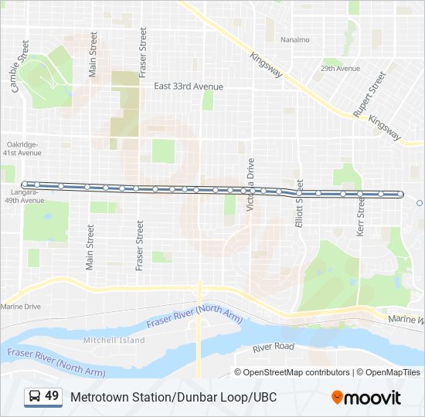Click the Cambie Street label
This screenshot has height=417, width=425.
click(19, 73)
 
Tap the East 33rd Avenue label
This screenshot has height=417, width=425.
click(188, 86)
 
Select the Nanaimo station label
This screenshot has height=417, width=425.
click(294, 39)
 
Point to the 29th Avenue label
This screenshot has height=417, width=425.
click(341, 69)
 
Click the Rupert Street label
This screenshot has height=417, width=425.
click(369, 94)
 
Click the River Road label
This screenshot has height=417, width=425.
click(274, 347)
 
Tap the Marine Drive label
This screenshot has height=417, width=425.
click(21, 307)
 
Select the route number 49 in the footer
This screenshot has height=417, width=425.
click(52, 396)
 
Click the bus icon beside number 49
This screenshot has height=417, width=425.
click(35, 397)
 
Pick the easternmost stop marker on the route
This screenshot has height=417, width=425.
click(401, 195)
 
